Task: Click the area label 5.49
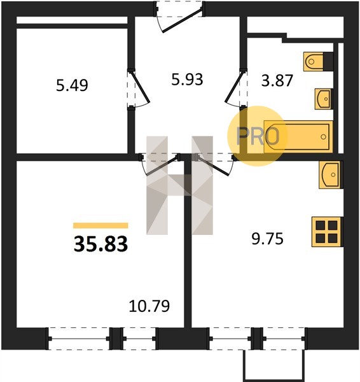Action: [x=72, y=85]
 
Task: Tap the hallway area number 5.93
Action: [x=187, y=80]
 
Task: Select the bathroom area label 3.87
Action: [x=277, y=81]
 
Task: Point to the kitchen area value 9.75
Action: [x=268, y=239]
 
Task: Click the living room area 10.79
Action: [x=149, y=306]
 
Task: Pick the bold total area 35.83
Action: [x=100, y=244]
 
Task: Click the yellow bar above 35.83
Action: [x=100, y=225]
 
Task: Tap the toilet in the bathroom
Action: [x=318, y=61]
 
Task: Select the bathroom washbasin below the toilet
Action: [x=324, y=99]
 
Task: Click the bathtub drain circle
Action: [x=323, y=137]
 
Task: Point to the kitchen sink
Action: [x=331, y=174]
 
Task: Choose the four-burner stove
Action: [x=327, y=232]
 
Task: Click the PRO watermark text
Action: [x=258, y=136]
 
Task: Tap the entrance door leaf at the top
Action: [x=183, y=20]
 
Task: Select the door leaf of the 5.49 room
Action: [x=140, y=86]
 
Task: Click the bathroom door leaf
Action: [x=234, y=86]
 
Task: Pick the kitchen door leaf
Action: [x=214, y=166]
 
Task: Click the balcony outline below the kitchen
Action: [x=274, y=365]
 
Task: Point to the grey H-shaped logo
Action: [x=179, y=185]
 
